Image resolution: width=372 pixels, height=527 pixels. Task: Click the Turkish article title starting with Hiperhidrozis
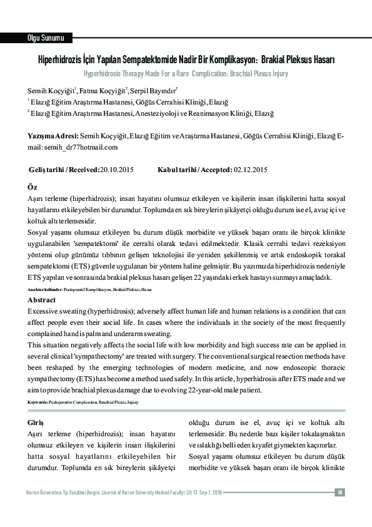(186, 61)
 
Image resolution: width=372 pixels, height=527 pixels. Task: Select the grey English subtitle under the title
(186, 73)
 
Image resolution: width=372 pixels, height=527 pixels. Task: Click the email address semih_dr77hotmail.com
(81, 147)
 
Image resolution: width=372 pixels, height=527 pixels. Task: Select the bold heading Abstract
(42, 300)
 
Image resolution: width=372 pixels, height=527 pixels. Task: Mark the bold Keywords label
(38, 401)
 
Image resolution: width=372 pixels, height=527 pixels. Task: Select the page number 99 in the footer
(340, 492)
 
